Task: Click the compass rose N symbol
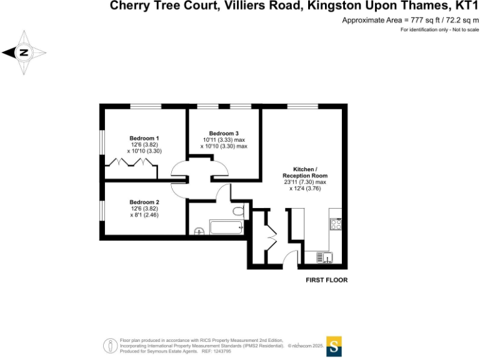(x=24, y=53)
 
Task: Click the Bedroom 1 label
(x=144, y=138)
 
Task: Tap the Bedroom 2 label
(x=144, y=202)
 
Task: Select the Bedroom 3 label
(x=224, y=133)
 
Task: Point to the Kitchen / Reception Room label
(x=304, y=172)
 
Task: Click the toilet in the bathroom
(x=237, y=211)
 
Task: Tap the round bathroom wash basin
(x=199, y=231)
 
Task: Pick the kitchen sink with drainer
(x=324, y=256)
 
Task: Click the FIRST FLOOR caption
(x=326, y=280)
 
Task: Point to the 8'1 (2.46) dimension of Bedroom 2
(x=145, y=214)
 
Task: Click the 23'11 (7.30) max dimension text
(x=305, y=182)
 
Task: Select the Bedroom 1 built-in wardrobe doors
(x=130, y=162)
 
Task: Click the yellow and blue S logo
(x=335, y=346)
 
